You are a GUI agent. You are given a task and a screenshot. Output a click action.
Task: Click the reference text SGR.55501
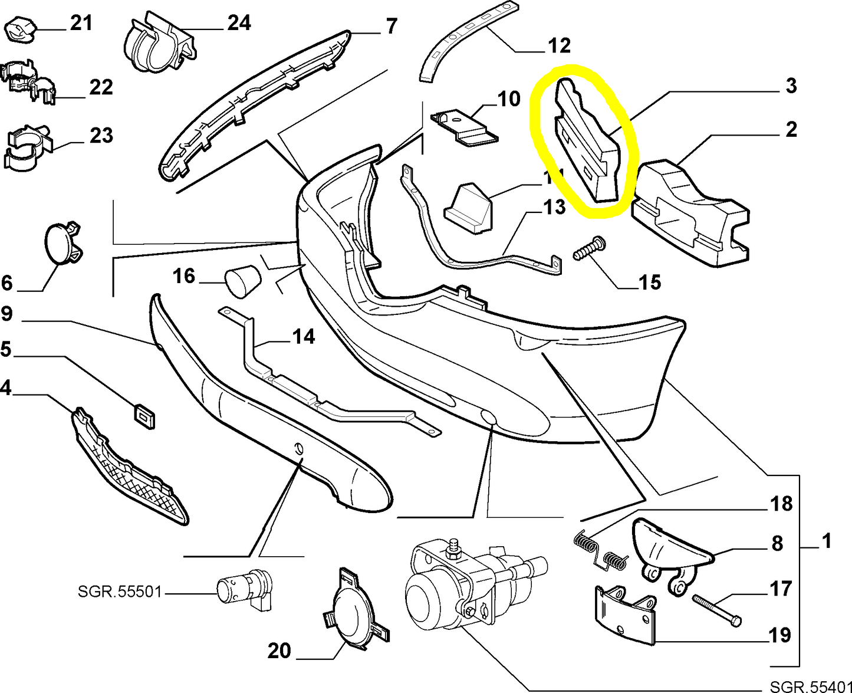(x=119, y=591)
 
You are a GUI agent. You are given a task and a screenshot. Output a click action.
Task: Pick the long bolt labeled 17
(x=716, y=610)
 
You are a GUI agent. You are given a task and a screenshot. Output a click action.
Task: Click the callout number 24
(x=239, y=23)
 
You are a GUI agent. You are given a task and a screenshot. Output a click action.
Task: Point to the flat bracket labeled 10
(x=464, y=127)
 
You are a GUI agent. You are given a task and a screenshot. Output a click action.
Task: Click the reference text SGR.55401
(x=810, y=686)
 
